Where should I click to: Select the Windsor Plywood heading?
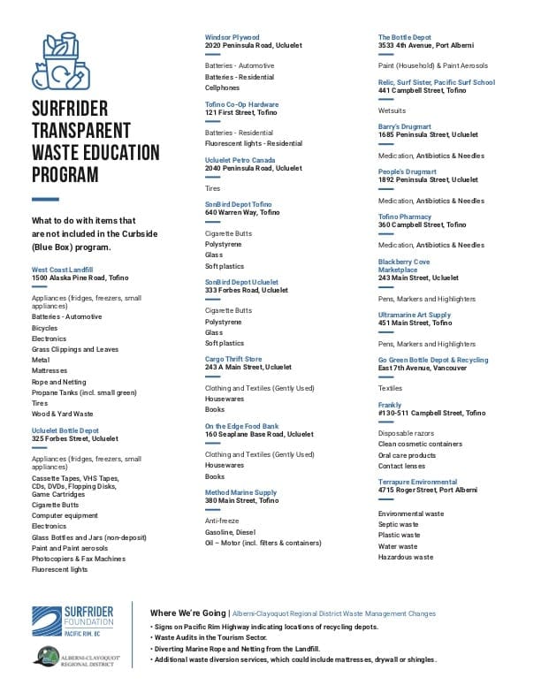click(x=232, y=37)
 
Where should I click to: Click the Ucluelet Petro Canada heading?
click(x=240, y=160)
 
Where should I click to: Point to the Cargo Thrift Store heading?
click(x=233, y=359)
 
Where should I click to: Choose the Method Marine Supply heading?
click(x=240, y=492)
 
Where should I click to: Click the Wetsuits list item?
click(x=392, y=111)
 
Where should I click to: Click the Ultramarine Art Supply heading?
click(x=415, y=315)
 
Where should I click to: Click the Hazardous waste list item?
click(x=405, y=558)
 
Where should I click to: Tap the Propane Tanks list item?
click(x=84, y=392)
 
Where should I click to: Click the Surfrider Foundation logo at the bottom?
click(x=72, y=621)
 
